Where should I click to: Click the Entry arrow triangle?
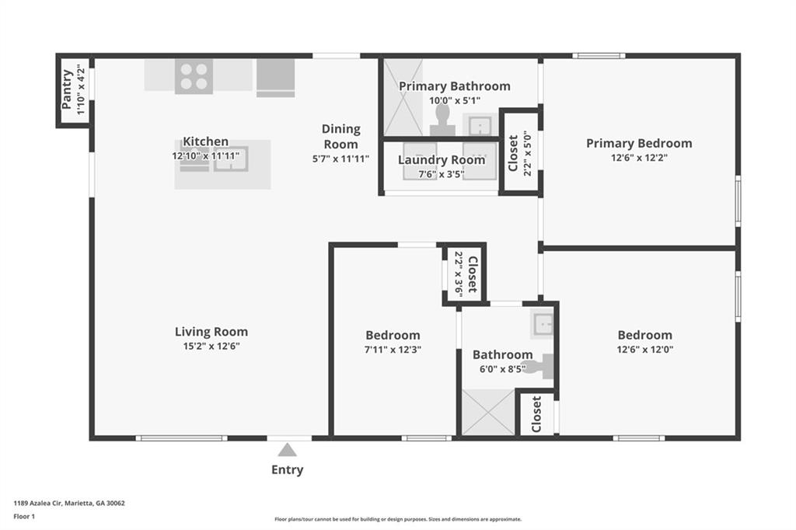[288, 450]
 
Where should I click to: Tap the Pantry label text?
[67, 90]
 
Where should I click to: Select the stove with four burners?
[194, 76]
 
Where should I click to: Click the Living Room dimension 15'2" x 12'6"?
[211, 347]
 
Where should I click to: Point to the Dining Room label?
[340, 137]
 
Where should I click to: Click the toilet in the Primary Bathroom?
[442, 120]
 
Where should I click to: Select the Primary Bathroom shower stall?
[403, 97]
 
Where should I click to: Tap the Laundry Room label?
[442, 160]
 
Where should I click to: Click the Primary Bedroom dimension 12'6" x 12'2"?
[639, 158]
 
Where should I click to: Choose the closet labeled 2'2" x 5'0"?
[521, 152]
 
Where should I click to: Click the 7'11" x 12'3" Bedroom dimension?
[393, 349]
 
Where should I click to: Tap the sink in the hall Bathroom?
[542, 324]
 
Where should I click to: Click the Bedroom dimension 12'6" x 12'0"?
[645, 349]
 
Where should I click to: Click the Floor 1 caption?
[24, 516]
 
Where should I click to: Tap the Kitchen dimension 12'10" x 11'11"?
[205, 156]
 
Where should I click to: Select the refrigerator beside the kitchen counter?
[276, 78]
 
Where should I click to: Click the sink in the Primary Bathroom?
[480, 125]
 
